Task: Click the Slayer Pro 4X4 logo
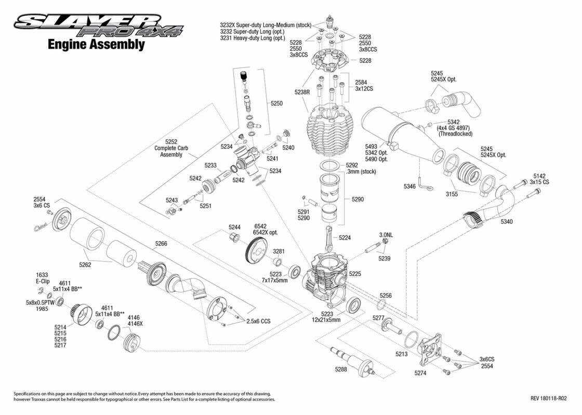pyautogui.click(x=99, y=26)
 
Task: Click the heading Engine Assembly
pyautogui.click(x=96, y=45)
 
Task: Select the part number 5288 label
pyautogui.click(x=341, y=369)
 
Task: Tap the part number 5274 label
pyautogui.click(x=420, y=373)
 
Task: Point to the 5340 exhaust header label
pyautogui.click(x=507, y=222)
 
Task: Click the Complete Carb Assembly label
pyautogui.click(x=171, y=148)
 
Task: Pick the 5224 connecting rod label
pyautogui.click(x=345, y=238)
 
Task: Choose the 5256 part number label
pyautogui.click(x=385, y=296)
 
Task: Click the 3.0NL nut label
pyautogui.click(x=386, y=235)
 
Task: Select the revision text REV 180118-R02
pyautogui.click(x=549, y=399)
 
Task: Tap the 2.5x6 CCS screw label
pyautogui.click(x=258, y=321)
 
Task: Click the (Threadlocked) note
pyautogui.click(x=455, y=134)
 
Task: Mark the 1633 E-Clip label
pyautogui.click(x=42, y=278)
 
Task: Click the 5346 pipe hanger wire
pyautogui.click(x=423, y=184)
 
